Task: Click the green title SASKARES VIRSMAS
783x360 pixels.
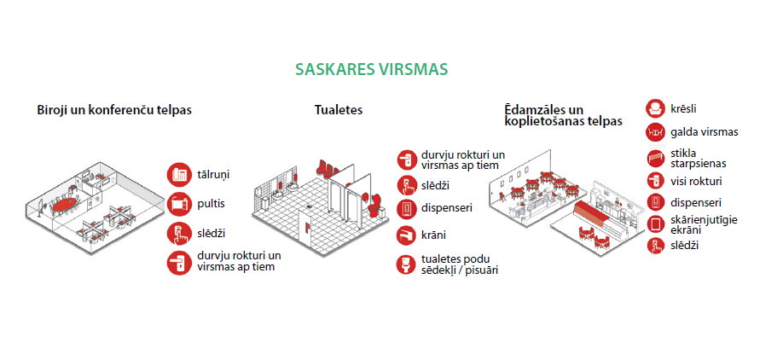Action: click(x=371, y=69)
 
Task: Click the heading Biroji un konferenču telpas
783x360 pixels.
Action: click(x=114, y=110)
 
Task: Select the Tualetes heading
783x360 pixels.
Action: click(x=339, y=110)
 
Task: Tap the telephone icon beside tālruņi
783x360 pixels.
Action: click(x=180, y=175)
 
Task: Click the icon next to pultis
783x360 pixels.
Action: click(x=180, y=204)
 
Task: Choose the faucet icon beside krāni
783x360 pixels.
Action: click(x=407, y=235)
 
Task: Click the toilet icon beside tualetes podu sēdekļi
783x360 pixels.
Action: click(x=407, y=264)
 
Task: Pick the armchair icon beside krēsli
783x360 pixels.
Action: click(x=655, y=108)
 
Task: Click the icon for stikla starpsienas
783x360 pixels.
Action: click(x=655, y=159)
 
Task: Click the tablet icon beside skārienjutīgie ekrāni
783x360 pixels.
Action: click(x=655, y=224)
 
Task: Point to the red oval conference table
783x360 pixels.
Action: click(x=66, y=204)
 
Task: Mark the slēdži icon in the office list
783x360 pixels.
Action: click(x=180, y=233)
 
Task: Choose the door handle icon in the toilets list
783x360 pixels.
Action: click(x=407, y=160)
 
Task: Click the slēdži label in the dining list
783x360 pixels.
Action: click(x=685, y=245)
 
